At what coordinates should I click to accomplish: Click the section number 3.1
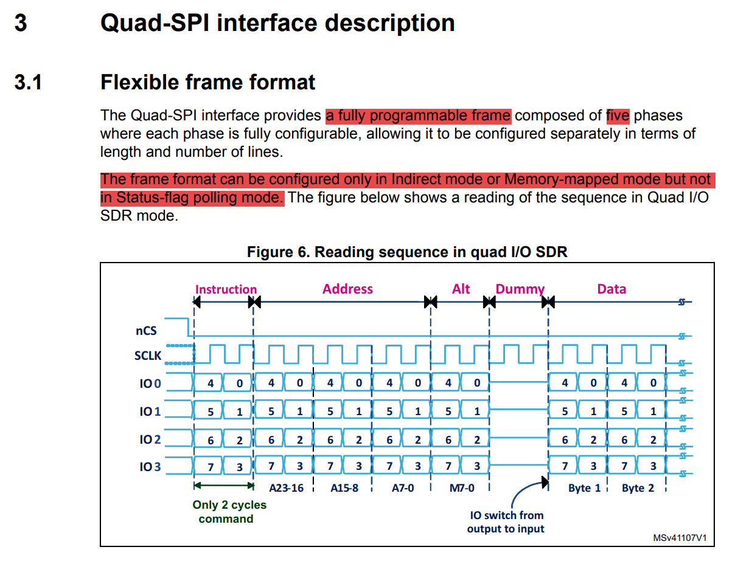(x=28, y=82)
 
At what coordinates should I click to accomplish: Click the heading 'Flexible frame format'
(x=207, y=82)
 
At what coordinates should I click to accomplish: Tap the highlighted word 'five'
(x=617, y=115)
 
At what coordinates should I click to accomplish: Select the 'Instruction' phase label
(x=226, y=289)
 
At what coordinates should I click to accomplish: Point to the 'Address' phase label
(x=347, y=289)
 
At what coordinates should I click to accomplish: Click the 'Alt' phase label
(x=461, y=289)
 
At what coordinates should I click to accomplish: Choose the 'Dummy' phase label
(x=520, y=289)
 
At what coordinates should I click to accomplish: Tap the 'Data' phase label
(x=611, y=289)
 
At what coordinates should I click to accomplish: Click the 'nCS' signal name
(x=146, y=331)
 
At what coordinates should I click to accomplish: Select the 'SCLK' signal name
(x=148, y=356)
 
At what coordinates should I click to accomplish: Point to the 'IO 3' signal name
(x=150, y=467)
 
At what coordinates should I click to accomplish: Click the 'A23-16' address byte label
(x=286, y=487)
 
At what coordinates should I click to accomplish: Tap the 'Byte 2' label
(x=638, y=487)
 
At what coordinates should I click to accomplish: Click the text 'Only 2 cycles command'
(x=229, y=512)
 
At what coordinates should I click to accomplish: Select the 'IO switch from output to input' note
(x=506, y=521)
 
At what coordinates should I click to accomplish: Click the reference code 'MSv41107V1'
(x=680, y=539)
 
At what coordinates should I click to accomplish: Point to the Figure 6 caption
(x=407, y=252)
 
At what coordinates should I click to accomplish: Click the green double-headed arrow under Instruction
(x=223, y=485)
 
